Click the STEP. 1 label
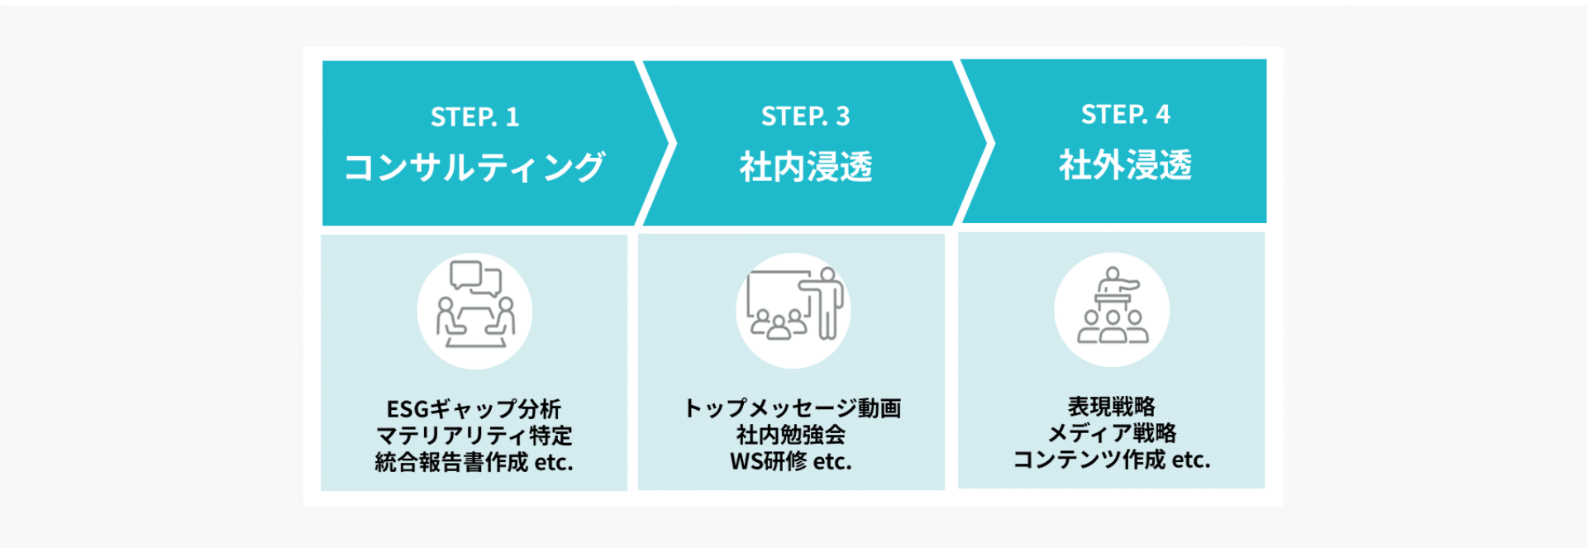pyautogui.click(x=474, y=117)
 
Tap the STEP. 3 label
pyautogui.click(x=805, y=117)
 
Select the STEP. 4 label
pyautogui.click(x=1125, y=114)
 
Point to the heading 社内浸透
pyautogui.click(x=805, y=167)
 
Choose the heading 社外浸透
pyautogui.click(x=1125, y=165)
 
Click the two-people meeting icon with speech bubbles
pyautogui.click(x=474, y=311)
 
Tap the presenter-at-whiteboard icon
pyautogui.click(x=793, y=309)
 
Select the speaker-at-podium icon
pyautogui.click(x=1112, y=309)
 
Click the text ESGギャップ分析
pyautogui.click(x=474, y=409)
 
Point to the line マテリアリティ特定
pyautogui.click(x=474, y=436)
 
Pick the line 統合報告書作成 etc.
pyautogui.click(x=474, y=462)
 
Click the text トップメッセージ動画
pyautogui.click(x=792, y=408)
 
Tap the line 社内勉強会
pyautogui.click(x=791, y=435)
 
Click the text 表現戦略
pyautogui.click(x=1111, y=407)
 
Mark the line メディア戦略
pyautogui.click(x=1111, y=433)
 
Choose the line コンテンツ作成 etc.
pyautogui.click(x=1111, y=460)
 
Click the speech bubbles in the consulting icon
pyautogui.click(x=475, y=277)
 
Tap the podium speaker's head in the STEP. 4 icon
pyautogui.click(x=1113, y=273)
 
